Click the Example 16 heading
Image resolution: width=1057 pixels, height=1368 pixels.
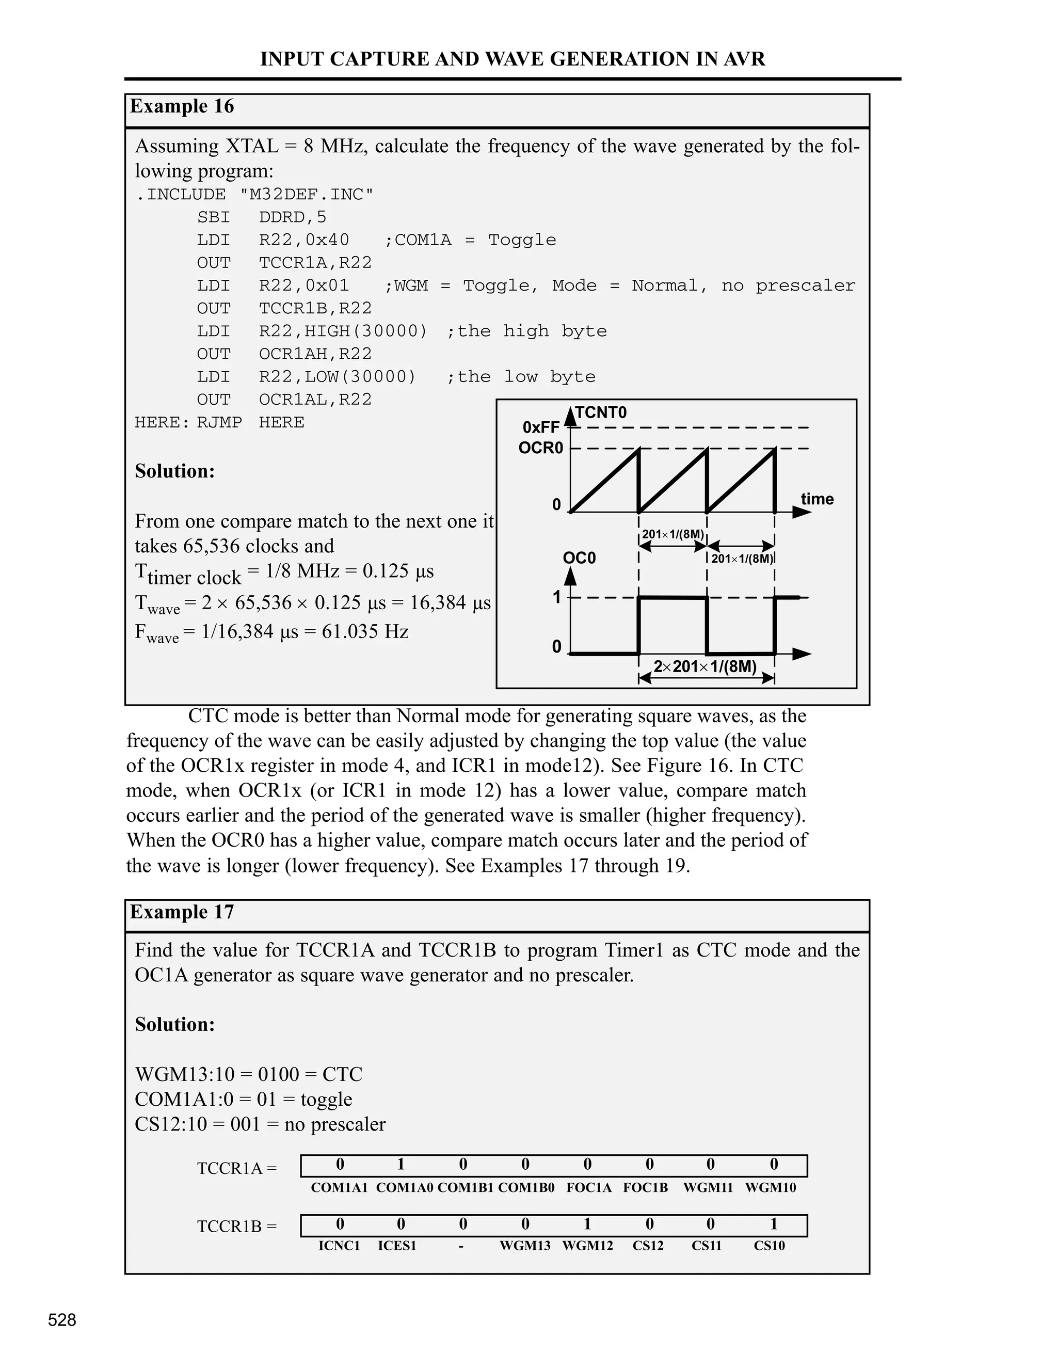tap(182, 106)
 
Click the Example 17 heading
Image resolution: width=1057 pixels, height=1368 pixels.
tap(182, 912)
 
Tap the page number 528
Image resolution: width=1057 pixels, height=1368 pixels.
tap(62, 1320)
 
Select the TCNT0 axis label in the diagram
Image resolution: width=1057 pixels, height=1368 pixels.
tap(601, 413)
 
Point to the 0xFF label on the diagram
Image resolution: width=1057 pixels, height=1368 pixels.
tap(540, 427)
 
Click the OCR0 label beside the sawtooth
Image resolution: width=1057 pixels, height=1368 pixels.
tap(540, 449)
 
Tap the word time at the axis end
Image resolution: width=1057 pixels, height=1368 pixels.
tap(816, 499)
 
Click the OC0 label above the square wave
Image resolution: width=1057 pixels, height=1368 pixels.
tap(579, 558)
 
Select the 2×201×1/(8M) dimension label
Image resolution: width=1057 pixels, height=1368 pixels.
tap(705, 666)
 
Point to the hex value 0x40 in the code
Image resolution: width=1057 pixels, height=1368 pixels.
tap(327, 240)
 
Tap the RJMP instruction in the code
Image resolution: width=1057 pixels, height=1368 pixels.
tap(219, 423)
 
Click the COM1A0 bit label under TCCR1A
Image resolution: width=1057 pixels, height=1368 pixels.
tap(404, 1188)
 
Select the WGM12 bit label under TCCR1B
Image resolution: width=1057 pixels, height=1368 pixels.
tap(587, 1246)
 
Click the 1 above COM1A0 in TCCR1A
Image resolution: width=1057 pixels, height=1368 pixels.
tap(401, 1165)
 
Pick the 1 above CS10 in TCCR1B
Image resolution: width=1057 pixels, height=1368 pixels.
tap(773, 1223)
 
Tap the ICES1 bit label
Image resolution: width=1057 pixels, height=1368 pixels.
tap(397, 1246)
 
